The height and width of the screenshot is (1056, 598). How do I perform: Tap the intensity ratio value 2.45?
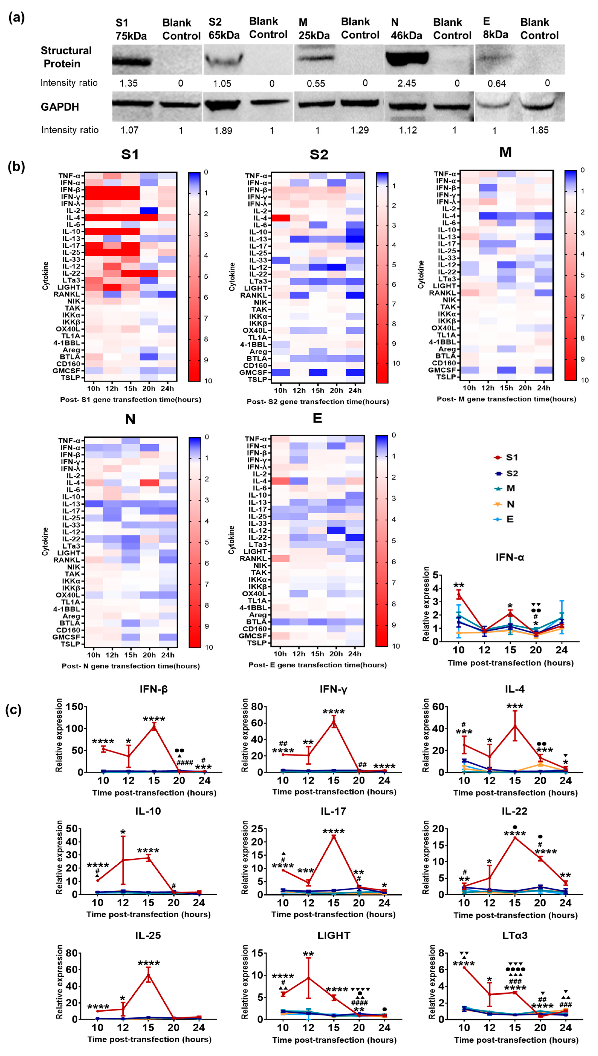407,83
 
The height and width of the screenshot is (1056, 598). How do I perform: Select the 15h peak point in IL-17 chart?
334,836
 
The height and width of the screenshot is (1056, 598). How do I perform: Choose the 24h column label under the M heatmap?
543,388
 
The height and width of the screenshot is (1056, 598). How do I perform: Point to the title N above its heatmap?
130,419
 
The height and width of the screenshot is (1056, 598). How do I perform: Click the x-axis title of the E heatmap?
318,665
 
